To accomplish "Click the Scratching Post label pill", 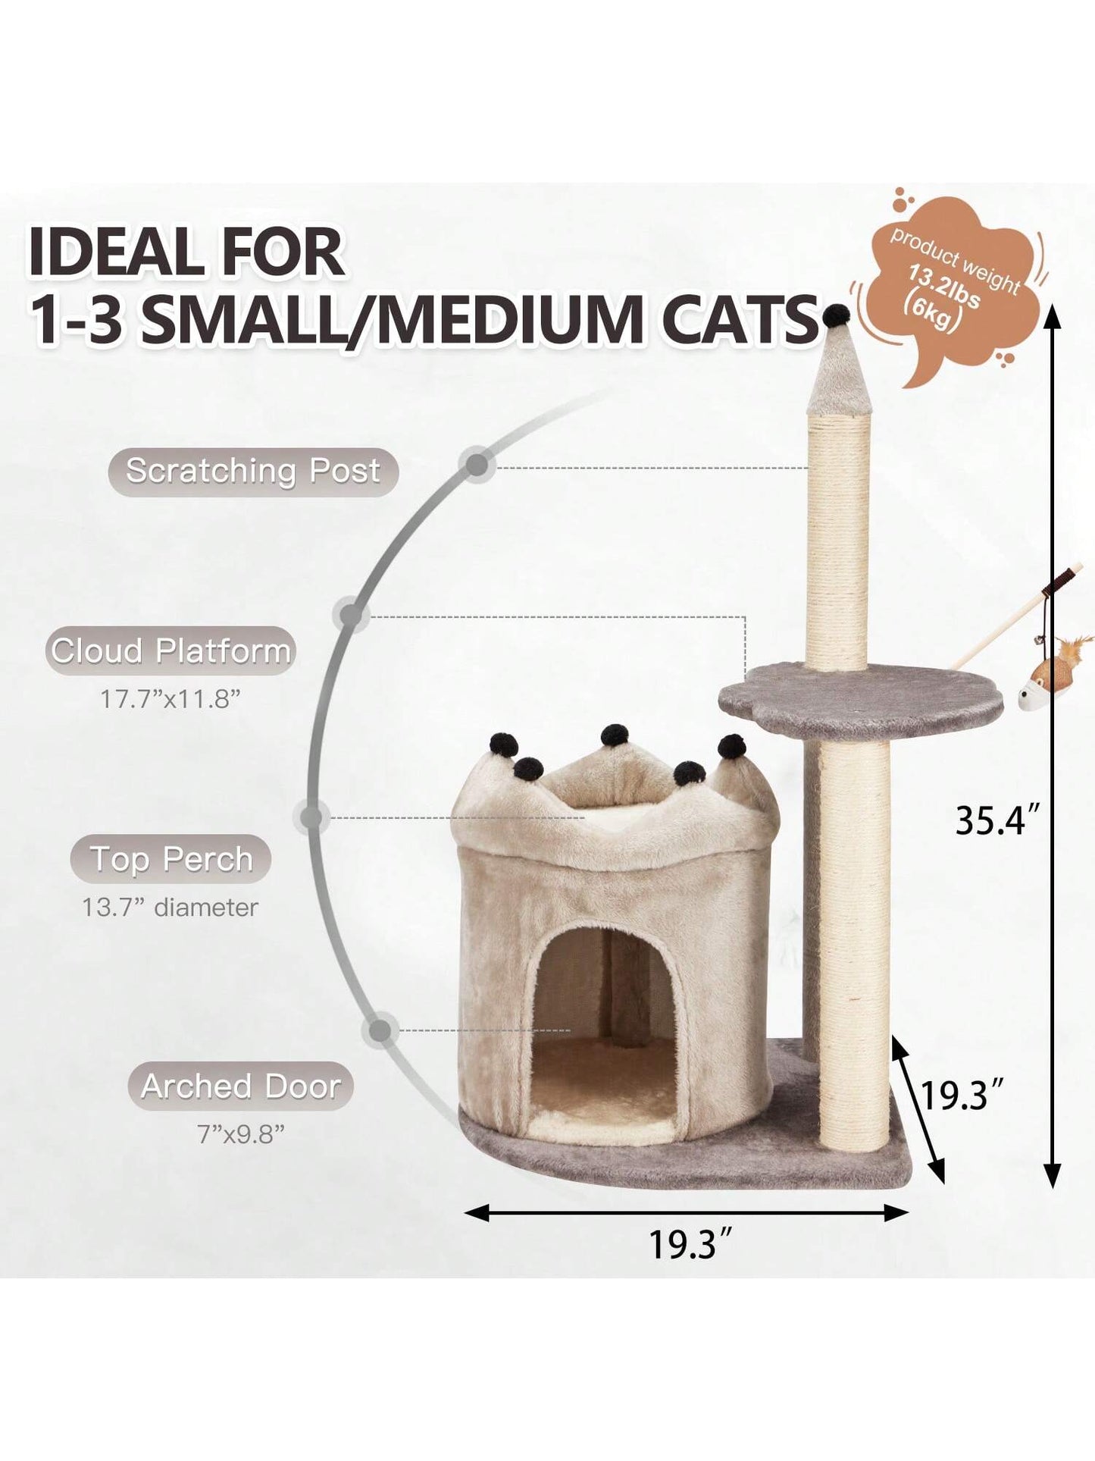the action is pos(253,472).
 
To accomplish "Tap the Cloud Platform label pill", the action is pos(171,651).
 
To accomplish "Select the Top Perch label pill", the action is pos(171,859).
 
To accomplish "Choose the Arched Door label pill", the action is pos(241,1086).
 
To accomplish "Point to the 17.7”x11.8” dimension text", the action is pos(171,699).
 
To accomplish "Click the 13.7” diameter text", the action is pos(171,908).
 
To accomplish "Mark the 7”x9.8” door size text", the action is pos(241,1134).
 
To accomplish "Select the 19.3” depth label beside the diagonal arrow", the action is pos(962,1096).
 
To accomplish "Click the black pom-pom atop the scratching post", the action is pos(837,314).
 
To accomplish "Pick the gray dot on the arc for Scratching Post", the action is pos(477,465).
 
